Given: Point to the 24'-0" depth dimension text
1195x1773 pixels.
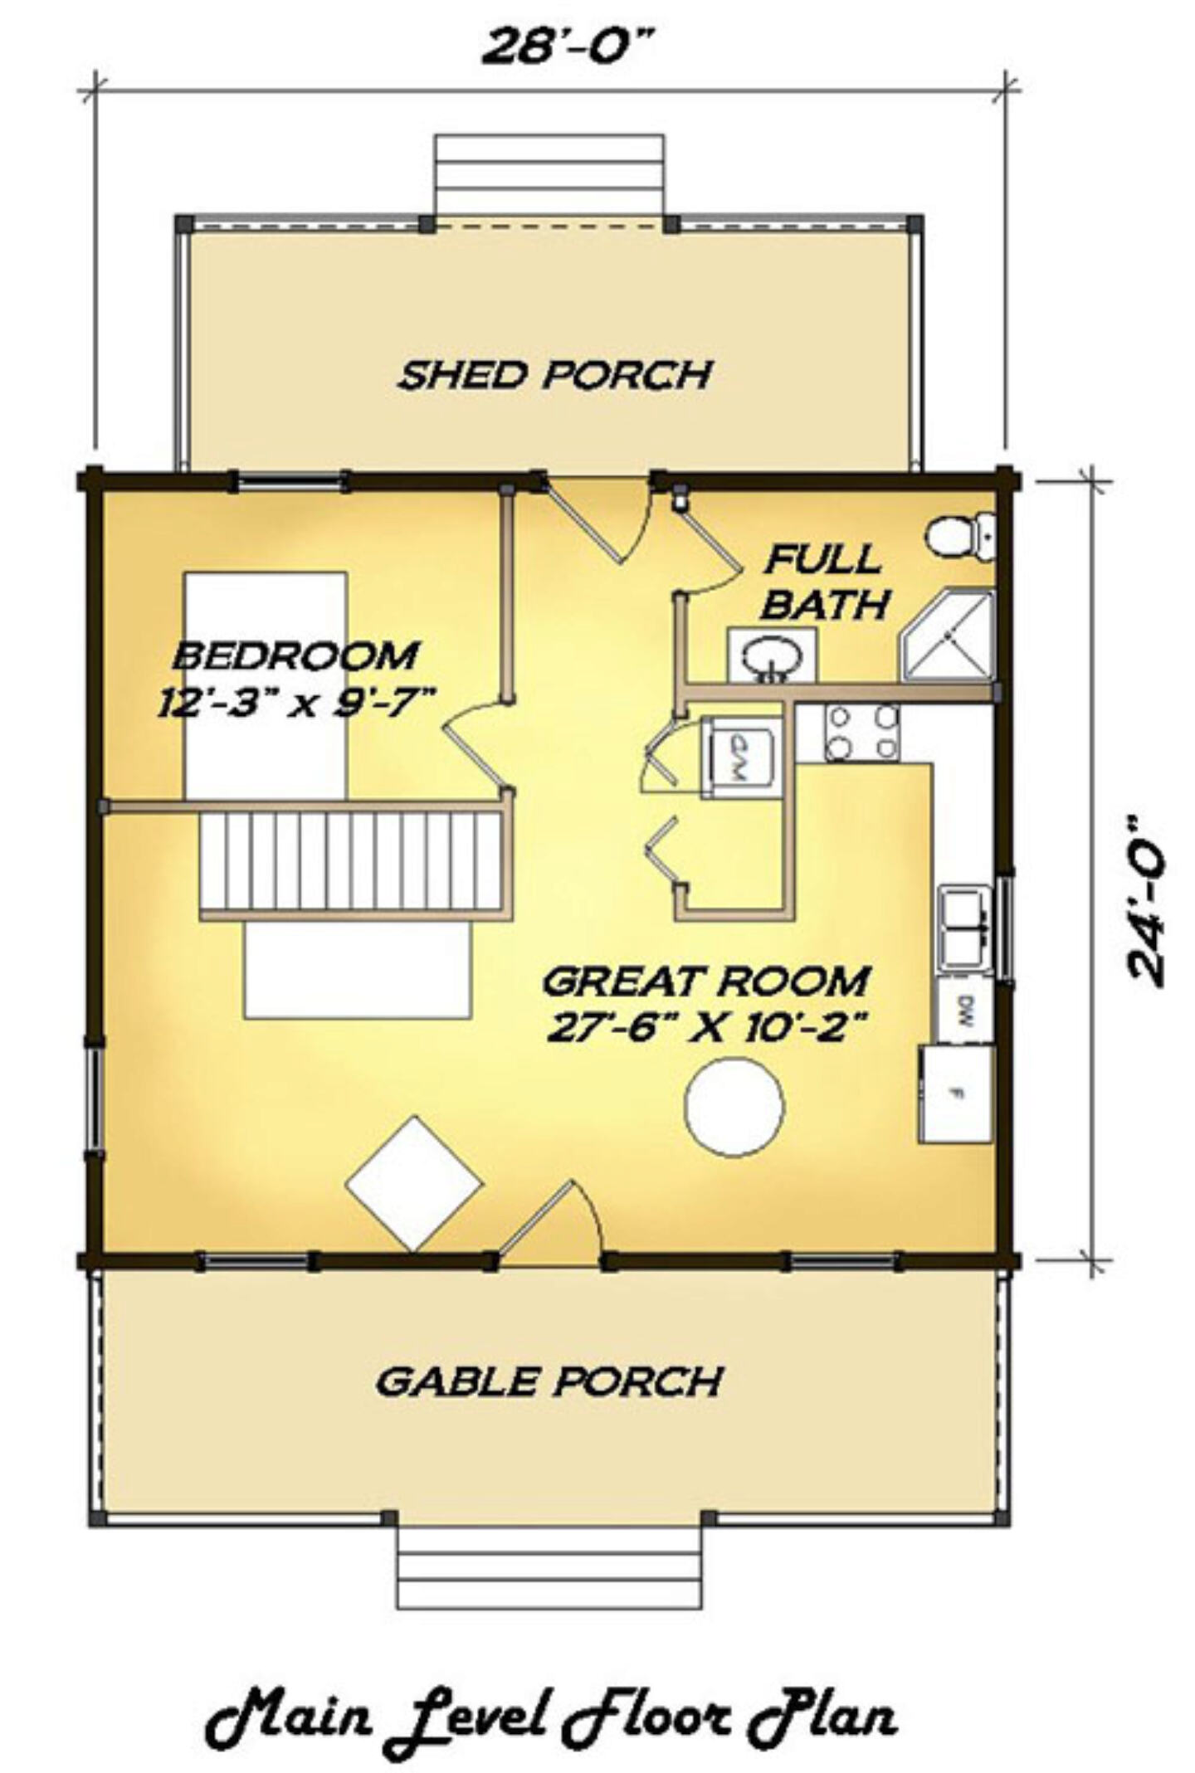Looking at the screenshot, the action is click(1145, 901).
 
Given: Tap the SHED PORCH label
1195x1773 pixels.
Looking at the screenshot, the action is click(554, 374).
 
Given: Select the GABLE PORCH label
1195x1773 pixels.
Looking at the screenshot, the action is click(549, 1381).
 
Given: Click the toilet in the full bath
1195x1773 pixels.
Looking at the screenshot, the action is click(960, 535).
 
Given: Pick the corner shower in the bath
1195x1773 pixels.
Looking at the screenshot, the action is click(947, 635).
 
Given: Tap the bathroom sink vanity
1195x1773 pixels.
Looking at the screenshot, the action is click(772, 655).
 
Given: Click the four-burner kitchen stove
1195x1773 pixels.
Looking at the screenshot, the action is click(862, 733).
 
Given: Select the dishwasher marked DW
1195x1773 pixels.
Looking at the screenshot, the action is click(964, 1010).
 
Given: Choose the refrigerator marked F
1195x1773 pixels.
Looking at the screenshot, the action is click(955, 1094).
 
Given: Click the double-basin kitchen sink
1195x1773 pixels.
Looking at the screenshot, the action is click(965, 928).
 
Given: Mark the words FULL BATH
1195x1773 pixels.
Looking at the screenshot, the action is click(825, 582).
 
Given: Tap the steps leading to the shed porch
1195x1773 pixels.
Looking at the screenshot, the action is click(549, 174).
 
